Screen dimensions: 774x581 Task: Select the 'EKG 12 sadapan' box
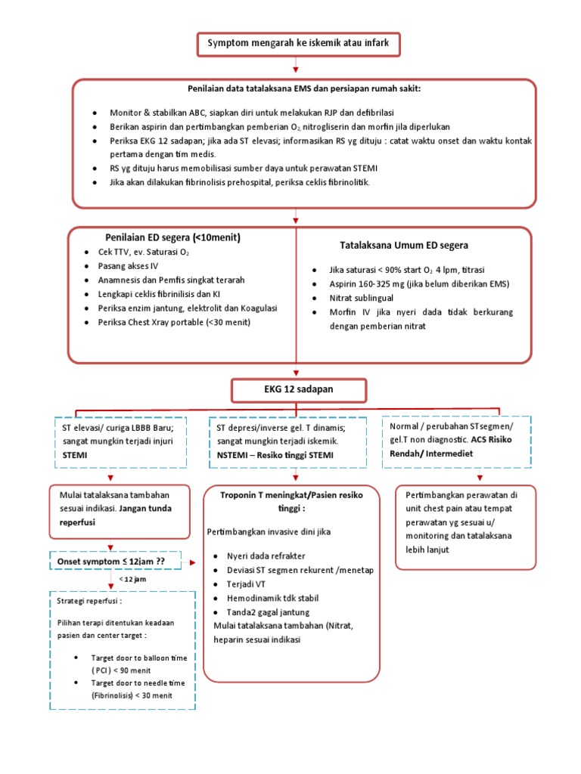(x=300, y=389)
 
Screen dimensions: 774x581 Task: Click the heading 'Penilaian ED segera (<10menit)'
(x=173, y=238)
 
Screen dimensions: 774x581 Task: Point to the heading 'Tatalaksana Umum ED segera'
(x=404, y=245)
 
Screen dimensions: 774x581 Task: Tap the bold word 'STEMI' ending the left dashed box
(x=76, y=455)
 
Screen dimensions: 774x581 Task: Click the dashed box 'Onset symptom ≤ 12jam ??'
(x=116, y=562)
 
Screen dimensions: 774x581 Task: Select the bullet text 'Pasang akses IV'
(x=129, y=266)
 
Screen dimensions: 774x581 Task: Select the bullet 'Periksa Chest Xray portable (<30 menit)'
(x=174, y=322)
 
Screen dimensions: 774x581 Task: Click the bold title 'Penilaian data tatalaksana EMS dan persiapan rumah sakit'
(x=304, y=88)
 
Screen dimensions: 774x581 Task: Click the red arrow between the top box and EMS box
(x=295, y=68)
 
